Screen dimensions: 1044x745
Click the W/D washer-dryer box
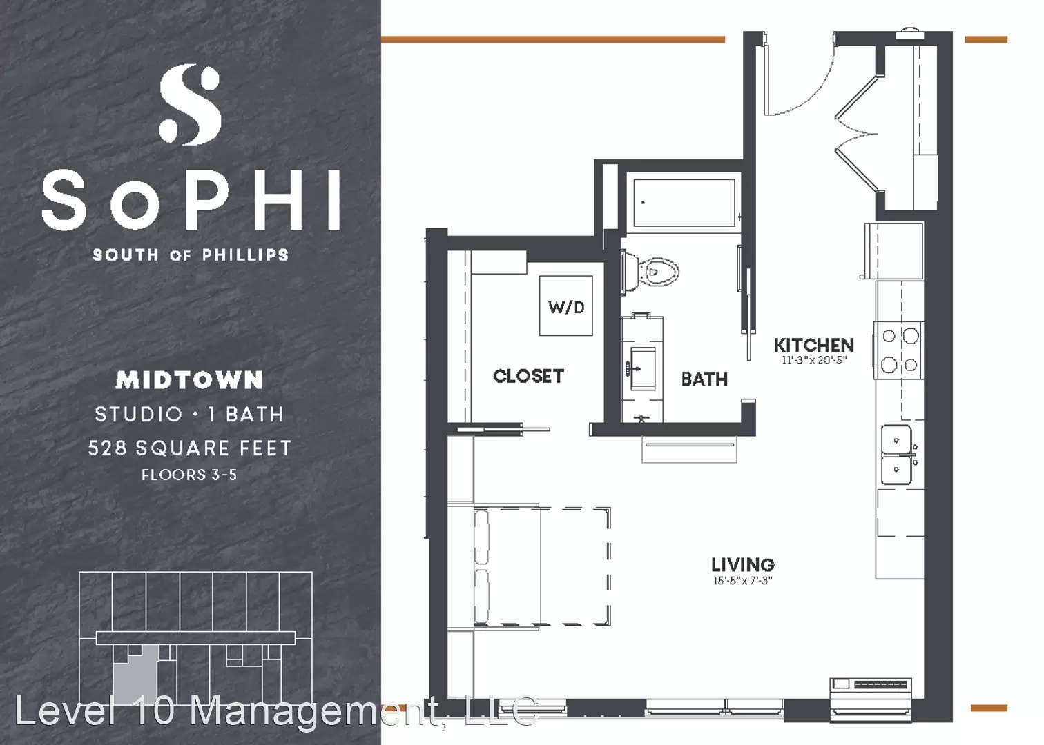point(565,306)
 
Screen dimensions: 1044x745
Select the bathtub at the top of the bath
point(684,203)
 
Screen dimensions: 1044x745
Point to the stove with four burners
point(898,350)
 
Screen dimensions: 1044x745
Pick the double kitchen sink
point(897,455)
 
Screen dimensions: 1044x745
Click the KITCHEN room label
point(814,345)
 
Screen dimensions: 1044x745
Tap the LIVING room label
point(743,565)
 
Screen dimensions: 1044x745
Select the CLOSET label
point(528,376)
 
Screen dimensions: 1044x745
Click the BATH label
point(704,379)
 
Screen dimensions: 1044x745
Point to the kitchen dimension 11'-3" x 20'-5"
point(814,360)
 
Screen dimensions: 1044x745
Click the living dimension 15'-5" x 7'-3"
point(743,580)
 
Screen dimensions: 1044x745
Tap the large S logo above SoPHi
point(190,105)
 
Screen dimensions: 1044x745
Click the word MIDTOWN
point(189,380)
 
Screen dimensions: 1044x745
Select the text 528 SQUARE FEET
point(190,448)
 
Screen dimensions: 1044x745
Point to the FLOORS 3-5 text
point(189,475)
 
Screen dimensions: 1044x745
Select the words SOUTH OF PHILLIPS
point(190,255)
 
